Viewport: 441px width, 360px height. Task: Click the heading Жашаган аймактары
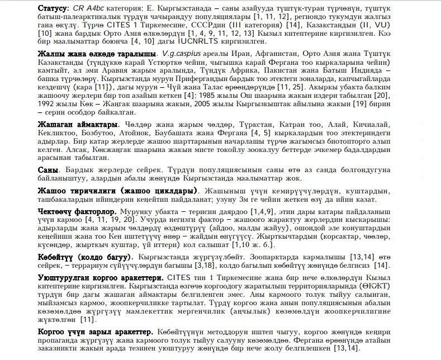78,124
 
